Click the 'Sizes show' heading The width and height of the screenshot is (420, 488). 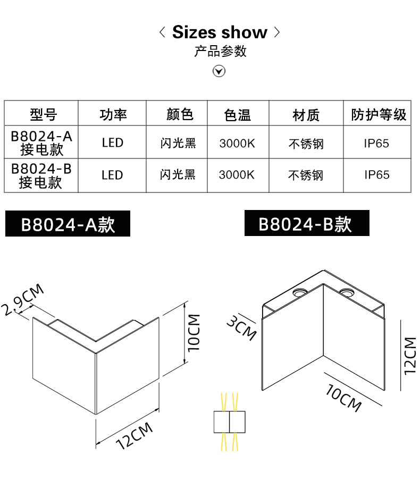point(220,32)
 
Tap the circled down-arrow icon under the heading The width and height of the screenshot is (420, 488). point(219,71)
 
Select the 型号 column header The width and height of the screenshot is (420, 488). point(43,114)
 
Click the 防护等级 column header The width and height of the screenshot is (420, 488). point(379,114)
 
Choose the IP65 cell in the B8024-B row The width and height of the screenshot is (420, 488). point(377,175)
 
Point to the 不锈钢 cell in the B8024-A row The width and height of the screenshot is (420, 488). point(306,144)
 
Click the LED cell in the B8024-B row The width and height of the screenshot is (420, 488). point(112,175)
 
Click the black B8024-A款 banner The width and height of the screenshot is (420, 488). point(68,224)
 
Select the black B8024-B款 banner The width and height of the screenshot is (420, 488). point(306,223)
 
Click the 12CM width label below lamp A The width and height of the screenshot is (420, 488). point(135,436)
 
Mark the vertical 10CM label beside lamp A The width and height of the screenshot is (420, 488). point(194,333)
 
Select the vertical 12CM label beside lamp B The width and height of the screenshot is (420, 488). point(409,356)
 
